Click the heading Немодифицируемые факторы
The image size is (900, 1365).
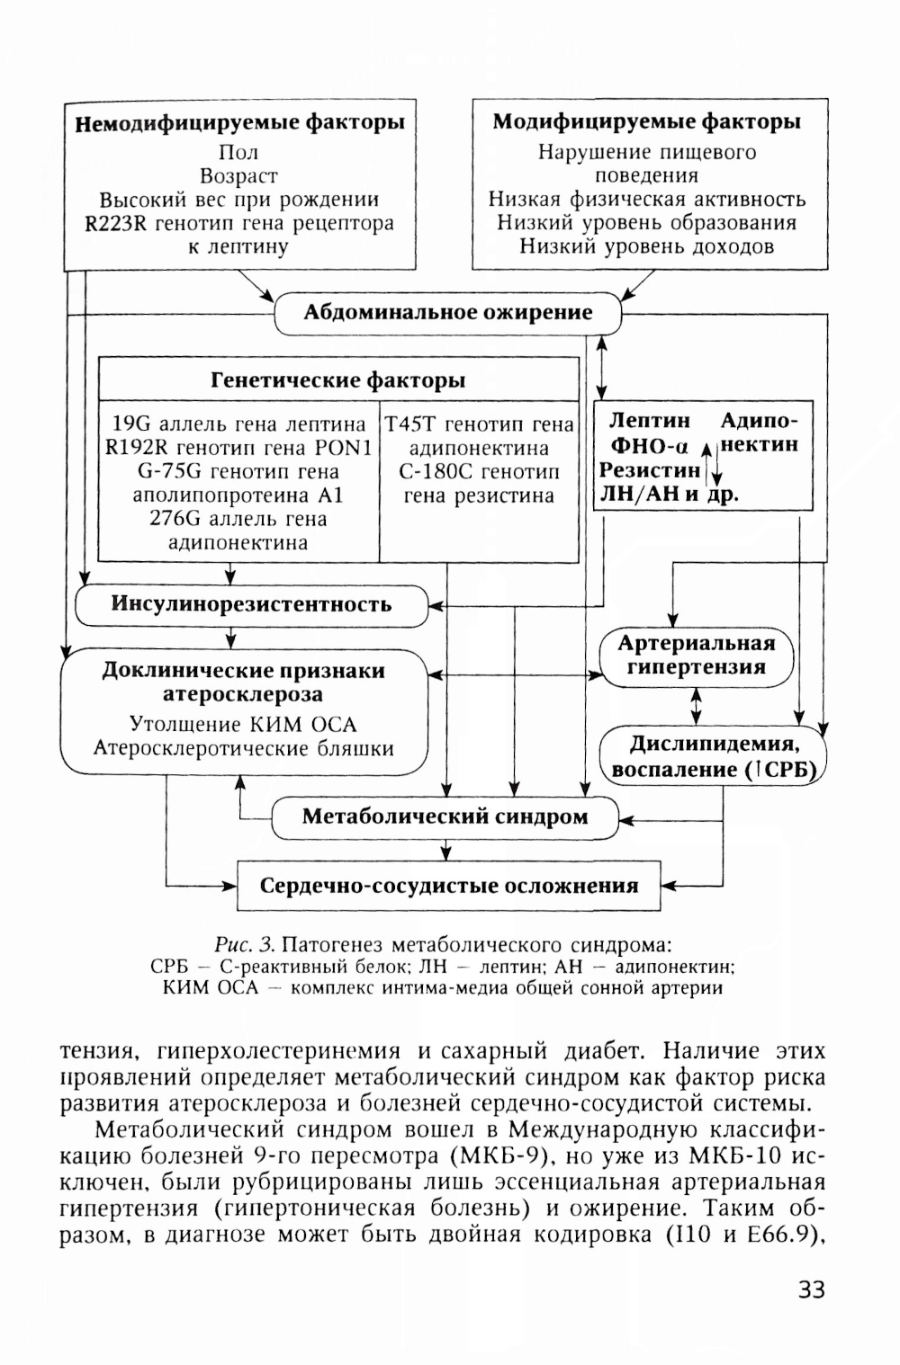point(238,123)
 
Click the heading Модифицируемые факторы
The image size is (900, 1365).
point(647,122)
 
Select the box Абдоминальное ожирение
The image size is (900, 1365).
point(447,313)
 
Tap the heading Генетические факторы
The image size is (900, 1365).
point(337,380)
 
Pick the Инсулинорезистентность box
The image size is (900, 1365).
point(251,603)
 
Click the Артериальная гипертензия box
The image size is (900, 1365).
point(697,656)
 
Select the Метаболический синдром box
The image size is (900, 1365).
point(445,817)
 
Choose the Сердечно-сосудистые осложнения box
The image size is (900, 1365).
point(448,886)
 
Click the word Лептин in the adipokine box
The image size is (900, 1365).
point(650,421)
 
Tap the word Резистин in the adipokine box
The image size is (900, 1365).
point(650,469)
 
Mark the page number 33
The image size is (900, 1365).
point(811,1289)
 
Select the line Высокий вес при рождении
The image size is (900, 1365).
point(238,200)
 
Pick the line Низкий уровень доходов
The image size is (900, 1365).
point(647,246)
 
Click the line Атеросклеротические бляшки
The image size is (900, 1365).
point(243,748)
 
